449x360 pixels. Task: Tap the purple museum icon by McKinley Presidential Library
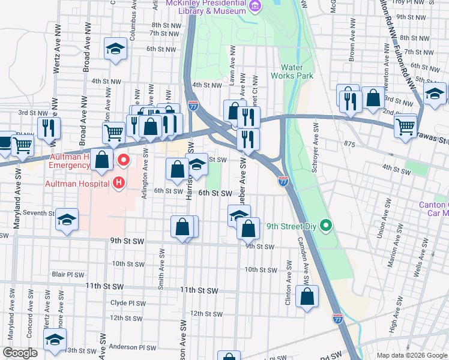pyautogui.click(x=255, y=7)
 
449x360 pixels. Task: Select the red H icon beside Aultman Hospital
pyautogui.click(x=119, y=182)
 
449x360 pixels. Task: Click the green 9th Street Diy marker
pyautogui.click(x=326, y=226)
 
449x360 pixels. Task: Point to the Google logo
pyautogui.click(x=19, y=353)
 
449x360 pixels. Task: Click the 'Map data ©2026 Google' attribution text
pyautogui.click(x=412, y=355)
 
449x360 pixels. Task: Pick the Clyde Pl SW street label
pyautogui.click(x=128, y=303)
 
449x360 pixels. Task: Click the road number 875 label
pyautogui.click(x=351, y=144)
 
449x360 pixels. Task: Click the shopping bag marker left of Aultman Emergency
pyautogui.click(x=103, y=160)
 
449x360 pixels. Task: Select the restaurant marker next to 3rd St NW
pyautogui.click(x=48, y=127)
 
